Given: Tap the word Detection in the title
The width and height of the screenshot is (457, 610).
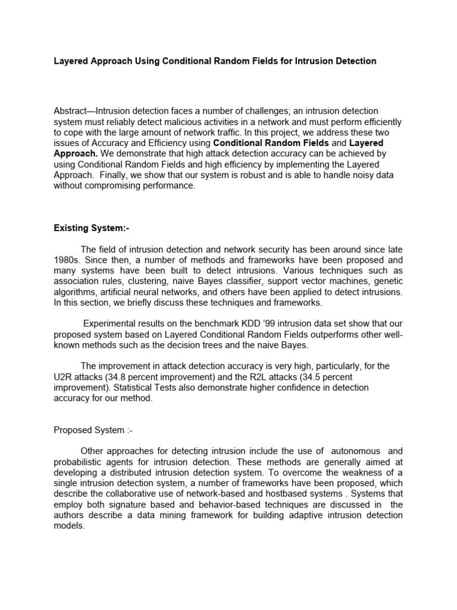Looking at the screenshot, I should click(x=353, y=61).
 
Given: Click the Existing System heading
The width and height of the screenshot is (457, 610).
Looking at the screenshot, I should click(x=86, y=228).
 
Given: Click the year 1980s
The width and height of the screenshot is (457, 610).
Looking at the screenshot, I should click(x=68, y=260).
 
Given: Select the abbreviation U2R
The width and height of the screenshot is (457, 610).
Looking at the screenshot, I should click(x=64, y=377).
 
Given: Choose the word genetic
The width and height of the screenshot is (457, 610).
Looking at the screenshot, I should click(x=388, y=282).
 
